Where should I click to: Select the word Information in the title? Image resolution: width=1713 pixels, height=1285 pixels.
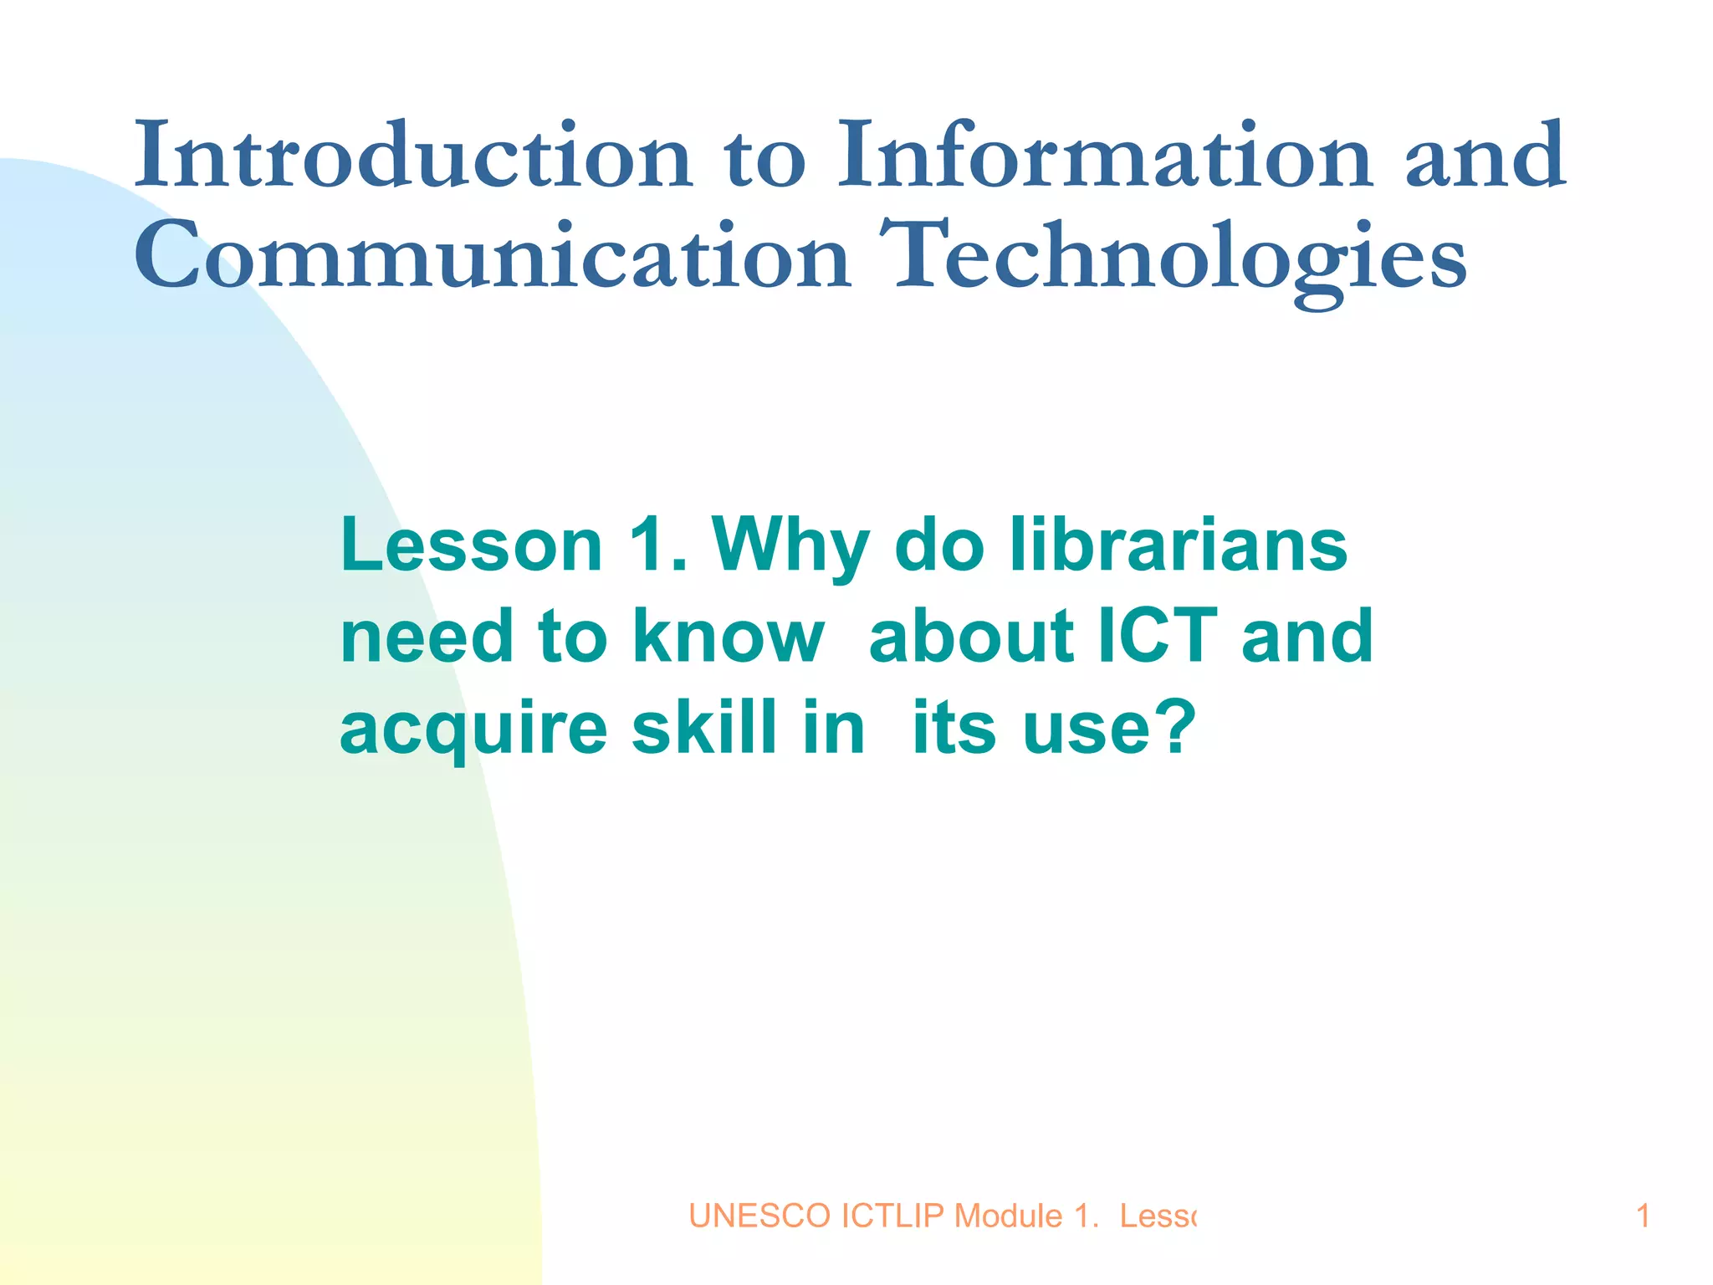[x=1104, y=156]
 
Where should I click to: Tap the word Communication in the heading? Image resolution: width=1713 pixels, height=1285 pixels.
[x=493, y=256]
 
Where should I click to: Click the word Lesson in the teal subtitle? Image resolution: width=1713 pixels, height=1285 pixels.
[x=471, y=545]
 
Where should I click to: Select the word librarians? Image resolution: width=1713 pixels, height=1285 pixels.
[x=1179, y=545]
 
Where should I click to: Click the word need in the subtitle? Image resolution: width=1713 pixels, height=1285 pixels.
[x=426, y=637]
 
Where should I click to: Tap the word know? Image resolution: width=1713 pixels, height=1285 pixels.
[x=729, y=637]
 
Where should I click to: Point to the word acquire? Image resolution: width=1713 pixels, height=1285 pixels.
[x=473, y=730]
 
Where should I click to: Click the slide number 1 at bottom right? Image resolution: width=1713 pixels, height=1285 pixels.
[x=1643, y=1216]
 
